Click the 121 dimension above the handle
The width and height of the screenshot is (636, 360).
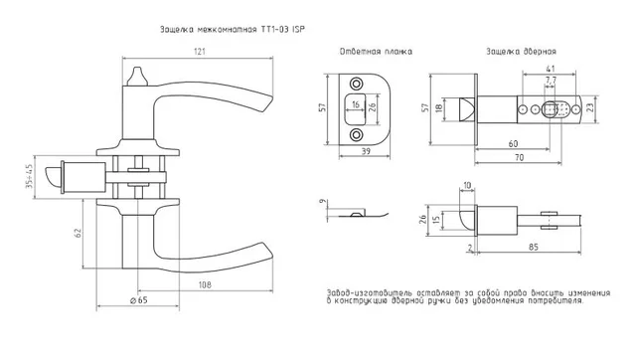point(200,52)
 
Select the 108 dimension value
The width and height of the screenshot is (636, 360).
point(205,284)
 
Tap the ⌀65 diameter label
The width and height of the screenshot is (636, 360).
point(139,300)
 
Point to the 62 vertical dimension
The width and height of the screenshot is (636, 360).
point(79,234)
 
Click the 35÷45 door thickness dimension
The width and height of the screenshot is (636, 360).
point(29,177)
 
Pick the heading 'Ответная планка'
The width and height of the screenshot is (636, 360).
point(376,52)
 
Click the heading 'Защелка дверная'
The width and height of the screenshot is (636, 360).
point(521,52)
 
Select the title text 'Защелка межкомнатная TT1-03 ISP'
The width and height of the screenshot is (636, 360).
point(232,30)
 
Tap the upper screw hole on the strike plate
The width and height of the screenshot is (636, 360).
point(357,84)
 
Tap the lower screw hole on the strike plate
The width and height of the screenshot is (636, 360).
point(357,134)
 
